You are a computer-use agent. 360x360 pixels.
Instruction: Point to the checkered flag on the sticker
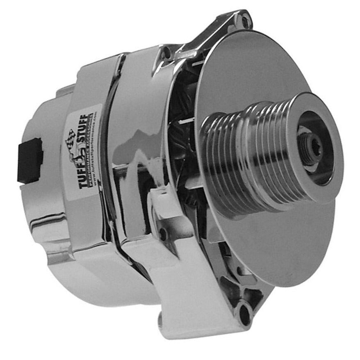[x=70, y=136]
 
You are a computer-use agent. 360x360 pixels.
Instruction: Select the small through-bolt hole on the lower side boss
[x=163, y=233]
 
